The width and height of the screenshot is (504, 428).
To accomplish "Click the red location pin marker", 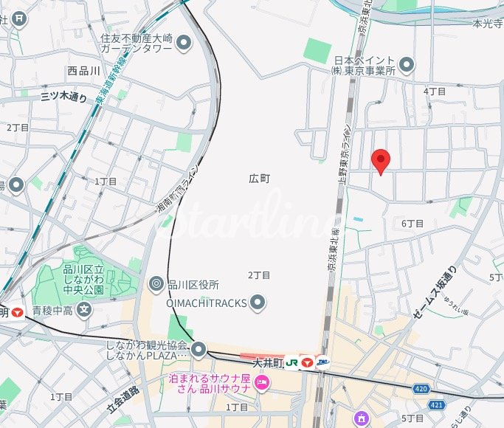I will click(x=380, y=160).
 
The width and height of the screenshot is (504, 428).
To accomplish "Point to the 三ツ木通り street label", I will click(x=63, y=97).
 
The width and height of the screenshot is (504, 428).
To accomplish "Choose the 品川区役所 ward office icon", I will click(x=156, y=284).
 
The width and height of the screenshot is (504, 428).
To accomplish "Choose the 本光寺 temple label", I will click(x=486, y=24).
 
